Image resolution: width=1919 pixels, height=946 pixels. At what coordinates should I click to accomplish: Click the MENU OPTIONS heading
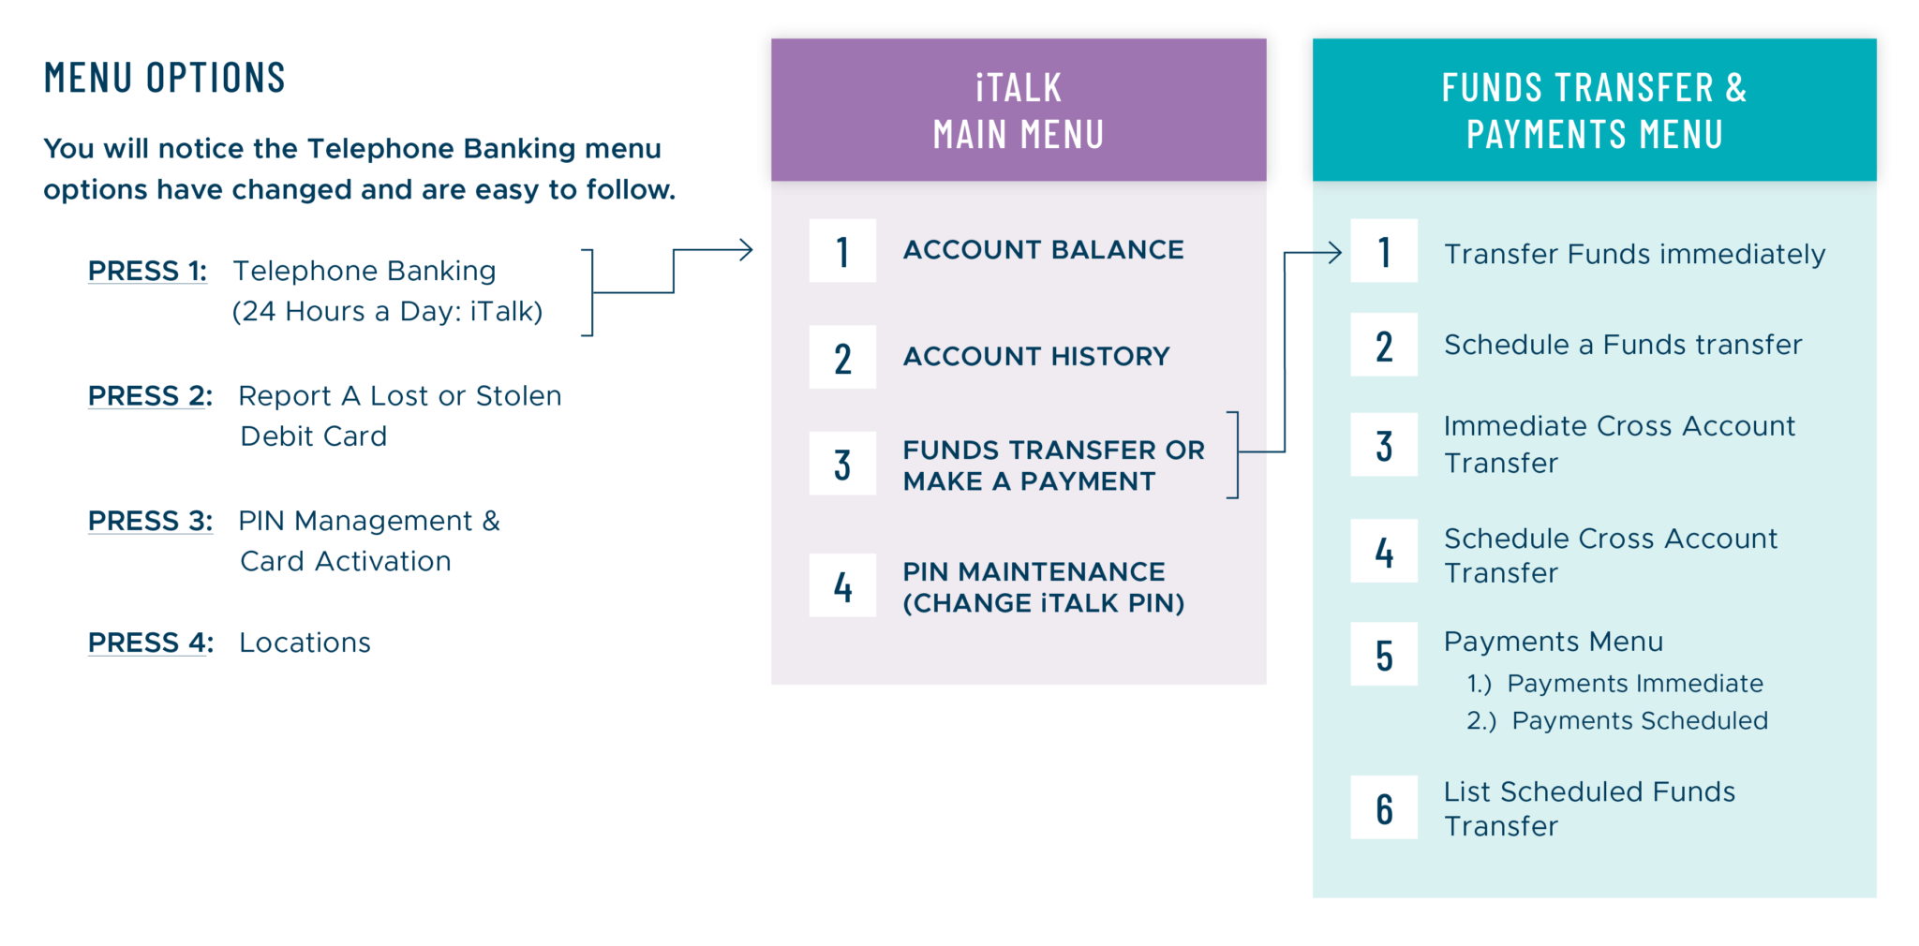pyautogui.click(x=164, y=78)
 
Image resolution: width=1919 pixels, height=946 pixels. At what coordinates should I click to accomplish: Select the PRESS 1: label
pyautogui.click(x=147, y=271)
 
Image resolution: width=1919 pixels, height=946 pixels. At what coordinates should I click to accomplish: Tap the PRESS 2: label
pyautogui.click(x=150, y=396)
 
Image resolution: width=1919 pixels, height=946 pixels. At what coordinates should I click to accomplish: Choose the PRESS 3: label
pyautogui.click(x=150, y=521)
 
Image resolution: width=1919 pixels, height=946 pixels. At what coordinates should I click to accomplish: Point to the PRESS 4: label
pyautogui.click(x=150, y=643)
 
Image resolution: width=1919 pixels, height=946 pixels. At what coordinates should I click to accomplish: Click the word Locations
pyautogui.click(x=305, y=643)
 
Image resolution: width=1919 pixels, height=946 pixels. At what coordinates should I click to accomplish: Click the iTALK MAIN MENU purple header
pyautogui.click(x=1019, y=110)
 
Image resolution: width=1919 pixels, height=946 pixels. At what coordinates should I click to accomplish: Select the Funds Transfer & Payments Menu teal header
pyautogui.click(x=1594, y=110)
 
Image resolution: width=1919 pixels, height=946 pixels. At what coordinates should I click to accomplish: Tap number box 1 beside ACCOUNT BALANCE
pyautogui.click(x=842, y=251)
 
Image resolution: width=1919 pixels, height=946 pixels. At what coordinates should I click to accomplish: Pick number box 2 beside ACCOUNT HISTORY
pyautogui.click(x=842, y=357)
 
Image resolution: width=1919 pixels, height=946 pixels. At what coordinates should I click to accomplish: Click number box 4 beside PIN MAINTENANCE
pyautogui.click(x=842, y=585)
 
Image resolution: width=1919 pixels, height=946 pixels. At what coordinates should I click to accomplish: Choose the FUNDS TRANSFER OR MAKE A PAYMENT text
pyautogui.click(x=1053, y=466)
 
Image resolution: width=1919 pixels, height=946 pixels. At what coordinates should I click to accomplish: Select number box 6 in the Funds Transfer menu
pyautogui.click(x=1384, y=807)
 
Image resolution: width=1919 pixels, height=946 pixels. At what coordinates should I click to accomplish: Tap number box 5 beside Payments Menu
pyautogui.click(x=1384, y=654)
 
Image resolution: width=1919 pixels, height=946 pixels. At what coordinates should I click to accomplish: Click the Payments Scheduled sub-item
pyautogui.click(x=1617, y=720)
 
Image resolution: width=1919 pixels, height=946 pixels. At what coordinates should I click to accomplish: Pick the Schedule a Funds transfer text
pyautogui.click(x=1623, y=345)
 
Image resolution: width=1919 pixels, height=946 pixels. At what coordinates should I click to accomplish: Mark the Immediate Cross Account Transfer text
pyautogui.click(x=1619, y=444)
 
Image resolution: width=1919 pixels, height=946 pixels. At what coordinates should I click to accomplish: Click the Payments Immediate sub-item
pyautogui.click(x=1614, y=684)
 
